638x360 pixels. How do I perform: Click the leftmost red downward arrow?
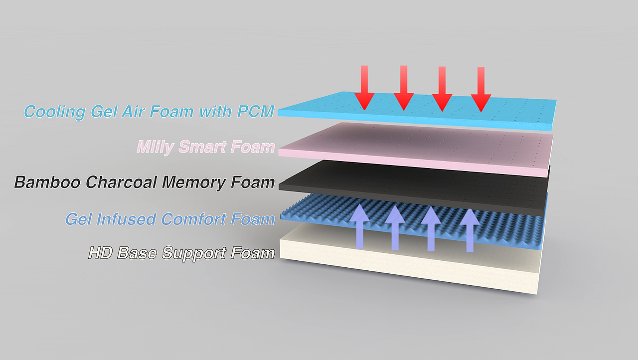coord(364,88)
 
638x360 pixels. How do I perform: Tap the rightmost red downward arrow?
coord(481,89)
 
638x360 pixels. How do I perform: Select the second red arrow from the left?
coord(404,88)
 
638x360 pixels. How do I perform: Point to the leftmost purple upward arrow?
coord(360,226)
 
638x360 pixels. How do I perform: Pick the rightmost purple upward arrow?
coord(470,230)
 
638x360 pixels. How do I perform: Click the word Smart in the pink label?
coord(202,147)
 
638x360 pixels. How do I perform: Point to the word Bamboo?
coord(47,182)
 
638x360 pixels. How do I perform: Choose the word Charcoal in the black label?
coord(121,182)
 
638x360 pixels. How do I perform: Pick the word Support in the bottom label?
coord(194,253)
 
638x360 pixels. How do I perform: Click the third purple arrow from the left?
coord(431,228)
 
